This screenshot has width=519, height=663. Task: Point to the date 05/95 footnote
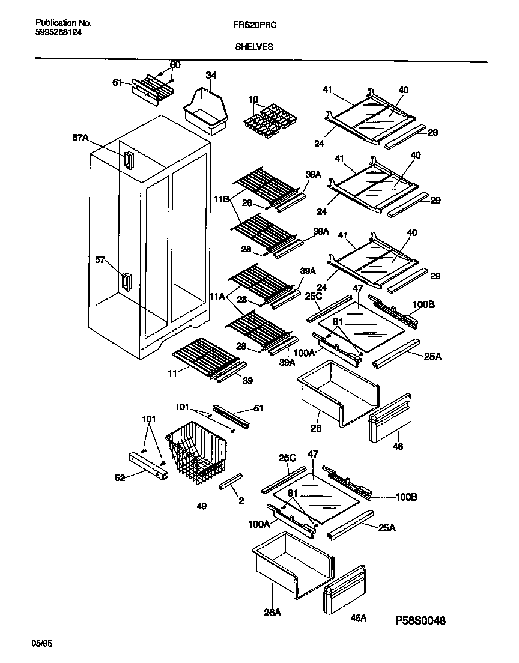41,643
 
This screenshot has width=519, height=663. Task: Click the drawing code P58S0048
420,620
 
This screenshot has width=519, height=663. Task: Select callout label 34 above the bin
211,75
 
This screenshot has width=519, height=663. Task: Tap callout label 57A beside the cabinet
80,138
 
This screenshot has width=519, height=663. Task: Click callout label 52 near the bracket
121,478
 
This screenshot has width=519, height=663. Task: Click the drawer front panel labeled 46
390,417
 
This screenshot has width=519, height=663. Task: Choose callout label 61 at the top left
117,82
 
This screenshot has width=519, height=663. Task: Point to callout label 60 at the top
175,65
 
